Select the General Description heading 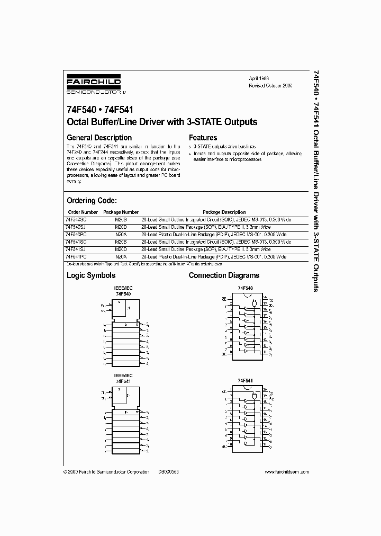click(x=99, y=138)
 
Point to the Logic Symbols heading click(x=90, y=275)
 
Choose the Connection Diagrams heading click(x=224, y=275)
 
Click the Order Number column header click(x=82, y=212)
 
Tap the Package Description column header click(x=224, y=212)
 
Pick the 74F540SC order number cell click(x=77, y=219)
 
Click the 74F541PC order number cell click(x=77, y=256)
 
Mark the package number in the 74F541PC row click(x=120, y=256)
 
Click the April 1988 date click(x=259, y=78)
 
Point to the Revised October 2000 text click(x=270, y=85)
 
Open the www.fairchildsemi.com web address click(x=286, y=472)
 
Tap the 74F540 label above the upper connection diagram click(x=245, y=288)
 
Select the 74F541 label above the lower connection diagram click(x=245, y=381)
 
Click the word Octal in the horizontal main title click(x=78, y=122)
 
